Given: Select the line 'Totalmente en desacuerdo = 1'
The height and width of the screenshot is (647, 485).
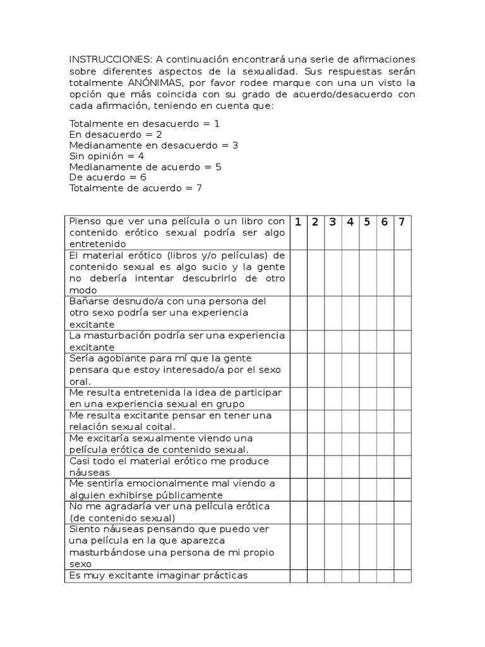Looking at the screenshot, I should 145,123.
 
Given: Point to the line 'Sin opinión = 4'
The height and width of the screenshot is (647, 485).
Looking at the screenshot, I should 107,155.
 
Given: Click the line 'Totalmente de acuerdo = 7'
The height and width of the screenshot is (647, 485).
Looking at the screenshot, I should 136,188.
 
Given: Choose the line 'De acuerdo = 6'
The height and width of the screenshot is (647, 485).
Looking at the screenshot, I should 108,177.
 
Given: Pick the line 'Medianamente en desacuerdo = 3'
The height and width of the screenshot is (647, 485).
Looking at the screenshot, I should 153,145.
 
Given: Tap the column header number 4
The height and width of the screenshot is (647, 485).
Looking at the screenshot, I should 350,222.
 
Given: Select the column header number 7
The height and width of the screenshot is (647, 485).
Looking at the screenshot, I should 402,222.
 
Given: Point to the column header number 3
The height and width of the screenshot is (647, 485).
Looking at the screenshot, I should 333,222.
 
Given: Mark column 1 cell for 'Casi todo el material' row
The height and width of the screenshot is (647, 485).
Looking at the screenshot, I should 298,466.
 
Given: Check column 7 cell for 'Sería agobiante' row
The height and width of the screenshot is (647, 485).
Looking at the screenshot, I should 402,370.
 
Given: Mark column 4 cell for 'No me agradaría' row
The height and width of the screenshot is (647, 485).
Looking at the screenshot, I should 350,512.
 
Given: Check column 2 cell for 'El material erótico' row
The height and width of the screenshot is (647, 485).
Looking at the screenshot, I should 316,272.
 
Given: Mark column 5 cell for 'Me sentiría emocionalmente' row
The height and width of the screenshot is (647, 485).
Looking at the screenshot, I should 368,489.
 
